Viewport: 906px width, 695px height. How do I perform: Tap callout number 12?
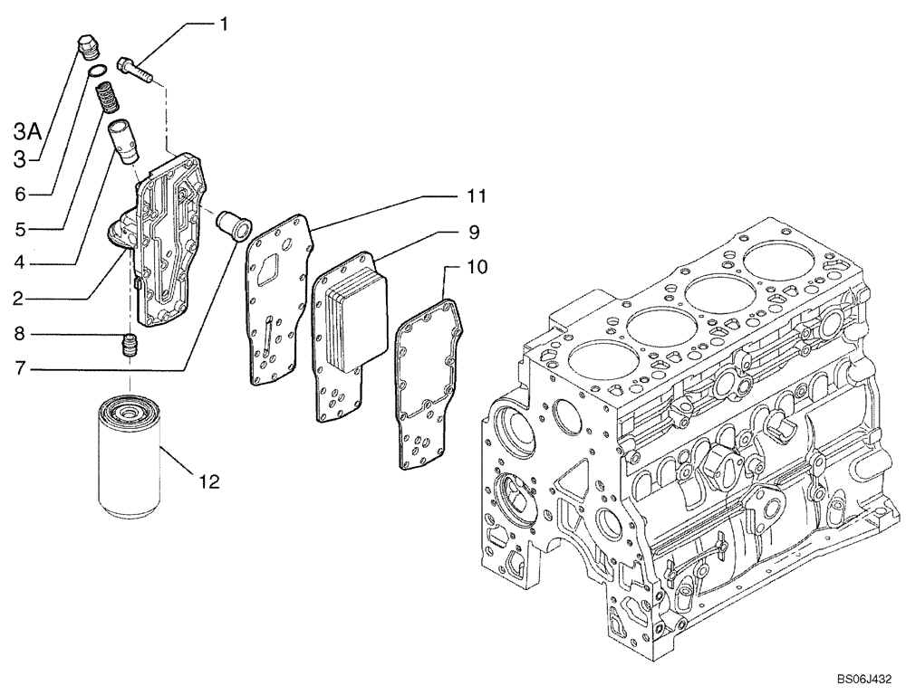(209, 482)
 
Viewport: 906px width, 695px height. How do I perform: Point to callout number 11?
(477, 195)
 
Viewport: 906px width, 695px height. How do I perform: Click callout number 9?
(474, 232)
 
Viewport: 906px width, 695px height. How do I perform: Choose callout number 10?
(477, 267)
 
